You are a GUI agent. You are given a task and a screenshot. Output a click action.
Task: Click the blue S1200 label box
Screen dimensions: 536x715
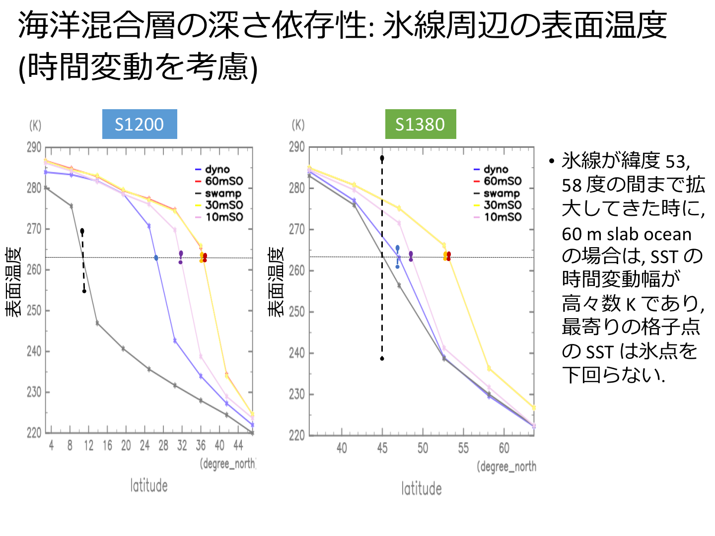[x=140, y=124]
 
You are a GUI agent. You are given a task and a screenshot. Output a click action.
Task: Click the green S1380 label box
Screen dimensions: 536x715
[x=420, y=124]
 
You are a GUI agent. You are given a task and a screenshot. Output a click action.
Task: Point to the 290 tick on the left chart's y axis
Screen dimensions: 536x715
[x=34, y=147]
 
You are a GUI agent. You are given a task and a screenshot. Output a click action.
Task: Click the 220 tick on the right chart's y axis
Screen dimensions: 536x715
[x=296, y=435]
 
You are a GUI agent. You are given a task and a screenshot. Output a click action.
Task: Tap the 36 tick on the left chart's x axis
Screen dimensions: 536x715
[x=201, y=446]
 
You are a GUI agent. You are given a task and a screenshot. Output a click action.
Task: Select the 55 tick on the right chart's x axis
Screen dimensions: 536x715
[x=463, y=449]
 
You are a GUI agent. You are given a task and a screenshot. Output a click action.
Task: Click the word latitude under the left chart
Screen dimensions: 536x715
[x=149, y=485]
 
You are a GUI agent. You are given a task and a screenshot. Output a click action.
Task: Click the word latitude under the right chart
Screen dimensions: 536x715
[x=422, y=489]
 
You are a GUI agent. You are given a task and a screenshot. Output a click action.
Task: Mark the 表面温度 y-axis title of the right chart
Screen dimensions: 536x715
[x=276, y=281]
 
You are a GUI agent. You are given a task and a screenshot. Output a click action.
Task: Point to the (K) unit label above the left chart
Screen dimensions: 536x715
[x=35, y=125]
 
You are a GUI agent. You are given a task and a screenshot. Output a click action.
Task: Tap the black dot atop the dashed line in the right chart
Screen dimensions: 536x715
[x=382, y=158]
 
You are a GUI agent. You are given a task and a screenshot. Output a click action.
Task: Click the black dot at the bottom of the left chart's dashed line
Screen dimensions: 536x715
[x=84, y=291]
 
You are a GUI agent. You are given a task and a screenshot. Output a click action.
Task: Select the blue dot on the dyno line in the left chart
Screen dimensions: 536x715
[x=156, y=258]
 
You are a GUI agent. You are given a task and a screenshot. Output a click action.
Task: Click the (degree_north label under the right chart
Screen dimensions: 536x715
[x=506, y=467]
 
